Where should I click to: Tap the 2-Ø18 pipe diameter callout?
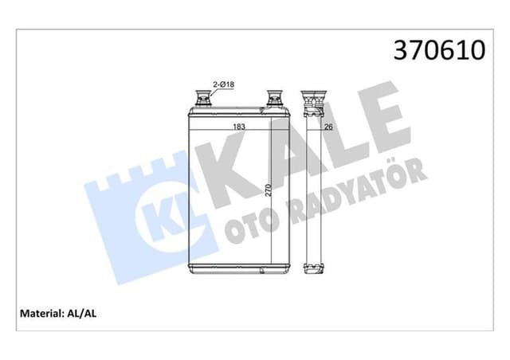[222, 84]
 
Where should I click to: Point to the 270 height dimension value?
[269, 190]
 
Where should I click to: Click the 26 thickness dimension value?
[328, 127]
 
